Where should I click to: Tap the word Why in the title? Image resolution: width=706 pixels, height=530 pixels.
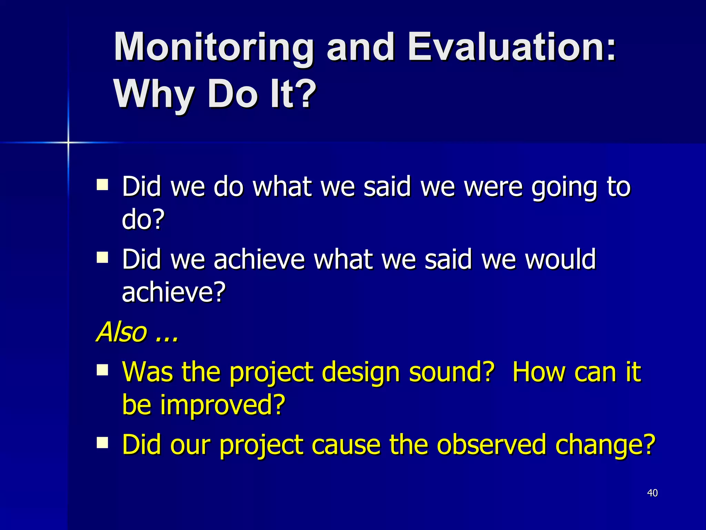point(154,94)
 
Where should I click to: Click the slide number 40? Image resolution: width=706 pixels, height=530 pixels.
point(652,493)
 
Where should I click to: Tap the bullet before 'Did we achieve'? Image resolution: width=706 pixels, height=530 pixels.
point(102,257)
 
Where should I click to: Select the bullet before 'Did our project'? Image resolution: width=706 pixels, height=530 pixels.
point(102,443)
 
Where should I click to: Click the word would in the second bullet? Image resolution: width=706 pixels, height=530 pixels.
point(560,259)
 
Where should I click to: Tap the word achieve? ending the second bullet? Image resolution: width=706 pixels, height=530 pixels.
point(174,292)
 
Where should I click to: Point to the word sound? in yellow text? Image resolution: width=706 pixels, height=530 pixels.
point(452,372)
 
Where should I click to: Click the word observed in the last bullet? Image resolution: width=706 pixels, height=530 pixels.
point(491,445)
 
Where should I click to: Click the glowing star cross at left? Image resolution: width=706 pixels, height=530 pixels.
point(68,142)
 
